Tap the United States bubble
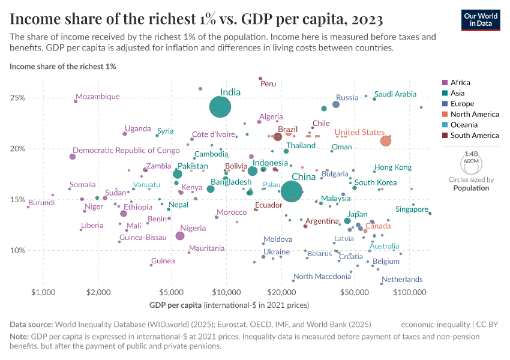[x=385, y=141]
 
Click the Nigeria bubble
[x=180, y=236]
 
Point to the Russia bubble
[x=336, y=104]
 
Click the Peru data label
[x=268, y=84]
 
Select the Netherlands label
[x=402, y=280]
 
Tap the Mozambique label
[x=98, y=97]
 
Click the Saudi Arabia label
[x=395, y=94]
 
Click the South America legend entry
[x=473, y=136]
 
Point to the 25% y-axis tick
[x=17, y=98]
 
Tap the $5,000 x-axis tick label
[x=171, y=292]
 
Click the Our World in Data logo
[x=481, y=19]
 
